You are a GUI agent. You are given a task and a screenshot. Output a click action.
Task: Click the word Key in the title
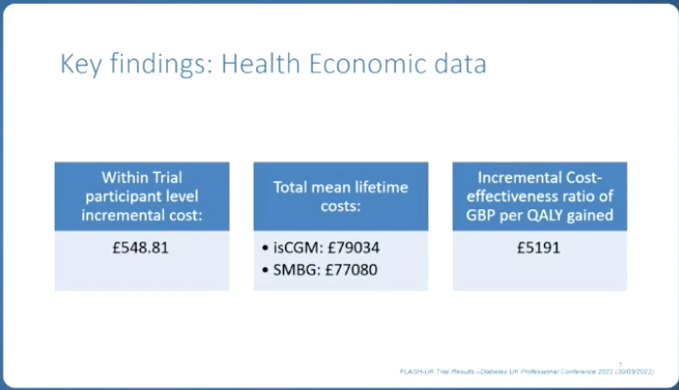click(80, 65)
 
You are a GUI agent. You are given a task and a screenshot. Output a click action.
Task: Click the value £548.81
click(142, 246)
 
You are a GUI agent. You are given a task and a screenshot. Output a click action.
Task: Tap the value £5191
click(539, 246)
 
